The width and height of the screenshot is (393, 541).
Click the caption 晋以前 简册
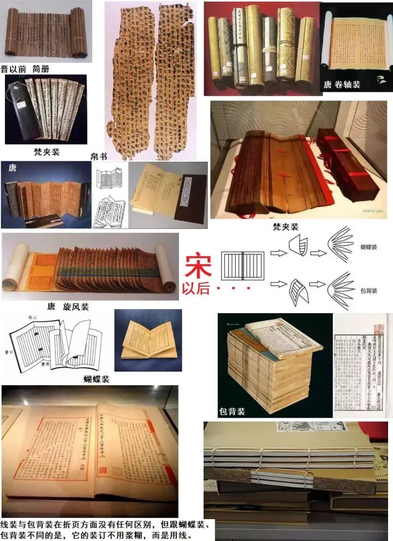[x=29, y=69]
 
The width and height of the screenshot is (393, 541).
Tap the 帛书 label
[x=98, y=156]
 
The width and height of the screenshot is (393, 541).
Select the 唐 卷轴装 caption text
[x=342, y=85]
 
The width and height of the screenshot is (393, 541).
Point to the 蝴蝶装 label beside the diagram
[x=369, y=248]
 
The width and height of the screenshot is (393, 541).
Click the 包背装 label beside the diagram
[x=369, y=291]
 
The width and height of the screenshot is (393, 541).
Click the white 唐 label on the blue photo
[x=12, y=169]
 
